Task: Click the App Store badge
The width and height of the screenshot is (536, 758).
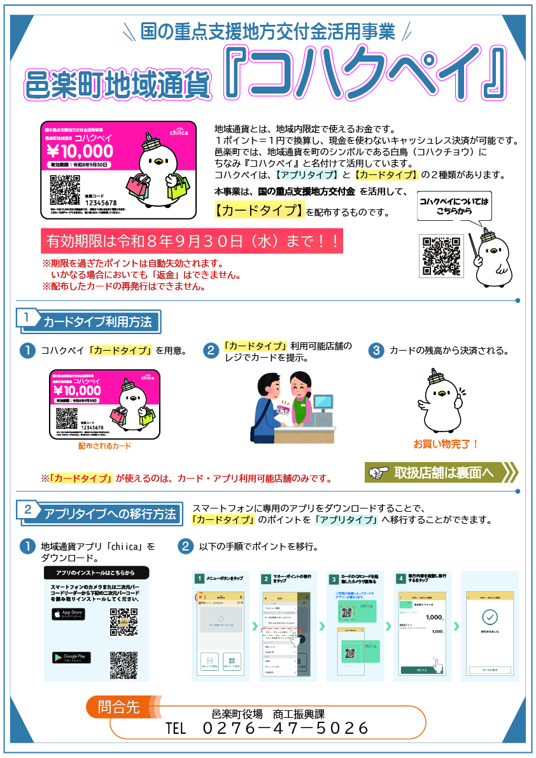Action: (x=68, y=615)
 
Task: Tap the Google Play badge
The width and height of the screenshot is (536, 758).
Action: (x=71, y=657)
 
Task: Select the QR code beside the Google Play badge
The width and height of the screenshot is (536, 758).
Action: (x=123, y=664)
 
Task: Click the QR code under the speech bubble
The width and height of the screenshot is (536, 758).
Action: (x=439, y=256)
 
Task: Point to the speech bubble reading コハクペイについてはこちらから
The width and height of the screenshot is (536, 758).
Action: (x=454, y=206)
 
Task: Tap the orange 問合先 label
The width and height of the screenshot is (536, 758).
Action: (x=119, y=706)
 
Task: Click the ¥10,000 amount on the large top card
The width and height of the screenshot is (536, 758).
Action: (x=80, y=151)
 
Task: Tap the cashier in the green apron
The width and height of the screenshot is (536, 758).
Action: (x=297, y=398)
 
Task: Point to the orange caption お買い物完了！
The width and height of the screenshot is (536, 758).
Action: (x=446, y=444)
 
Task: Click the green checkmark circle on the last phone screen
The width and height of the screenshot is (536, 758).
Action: (x=489, y=617)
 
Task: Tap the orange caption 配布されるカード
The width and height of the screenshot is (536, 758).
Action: (x=104, y=446)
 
